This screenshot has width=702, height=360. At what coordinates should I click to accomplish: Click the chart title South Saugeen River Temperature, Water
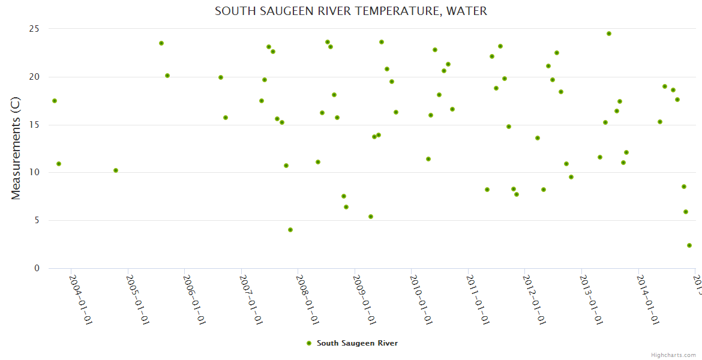pyautogui.click(x=351, y=11)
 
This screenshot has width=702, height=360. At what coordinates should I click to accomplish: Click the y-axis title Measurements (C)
pyautogui.click(x=16, y=148)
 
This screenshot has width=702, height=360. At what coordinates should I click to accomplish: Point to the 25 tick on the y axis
pyautogui.click(x=34, y=29)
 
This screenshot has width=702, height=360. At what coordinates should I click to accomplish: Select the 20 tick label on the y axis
pyautogui.click(x=34, y=77)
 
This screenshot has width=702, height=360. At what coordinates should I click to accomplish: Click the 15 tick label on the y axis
pyautogui.click(x=34, y=125)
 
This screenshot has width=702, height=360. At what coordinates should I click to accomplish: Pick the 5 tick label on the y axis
pyautogui.click(x=37, y=220)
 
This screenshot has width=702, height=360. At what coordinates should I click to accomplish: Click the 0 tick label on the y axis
pyautogui.click(x=37, y=268)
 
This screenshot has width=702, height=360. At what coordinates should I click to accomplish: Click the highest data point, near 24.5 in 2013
pyautogui.click(x=609, y=34)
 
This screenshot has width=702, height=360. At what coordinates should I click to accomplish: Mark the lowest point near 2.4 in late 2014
pyautogui.click(x=689, y=245)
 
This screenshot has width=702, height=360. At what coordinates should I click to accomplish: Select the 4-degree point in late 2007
pyautogui.click(x=290, y=230)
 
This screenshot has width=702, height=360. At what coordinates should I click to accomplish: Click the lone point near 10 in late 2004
pyautogui.click(x=116, y=170)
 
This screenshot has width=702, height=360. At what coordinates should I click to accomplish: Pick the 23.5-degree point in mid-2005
pyautogui.click(x=161, y=43)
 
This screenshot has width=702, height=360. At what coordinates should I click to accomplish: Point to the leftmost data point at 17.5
pyautogui.click(x=55, y=101)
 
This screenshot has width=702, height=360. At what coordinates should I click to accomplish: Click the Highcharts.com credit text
pyautogui.click(x=674, y=355)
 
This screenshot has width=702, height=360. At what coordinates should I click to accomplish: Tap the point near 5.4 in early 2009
pyautogui.click(x=371, y=217)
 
